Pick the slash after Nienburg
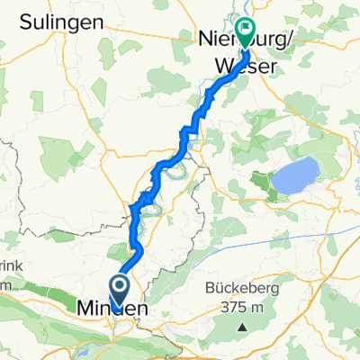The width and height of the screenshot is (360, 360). [x=266, y=40]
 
